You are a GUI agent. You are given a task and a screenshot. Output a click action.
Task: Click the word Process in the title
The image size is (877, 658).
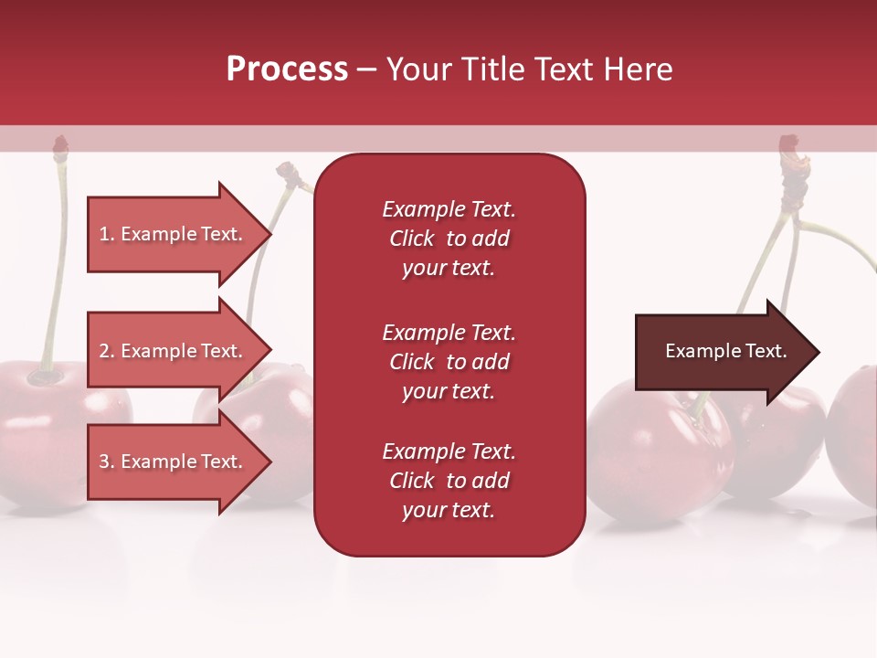(287, 69)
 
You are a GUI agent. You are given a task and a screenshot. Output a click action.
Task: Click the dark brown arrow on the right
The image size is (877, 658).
(722, 352)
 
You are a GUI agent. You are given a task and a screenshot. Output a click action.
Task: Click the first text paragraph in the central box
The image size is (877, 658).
(449, 239)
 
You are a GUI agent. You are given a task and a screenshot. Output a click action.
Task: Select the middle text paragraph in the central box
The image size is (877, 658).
(449, 362)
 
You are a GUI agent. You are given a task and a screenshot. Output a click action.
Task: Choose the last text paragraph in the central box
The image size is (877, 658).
(449, 481)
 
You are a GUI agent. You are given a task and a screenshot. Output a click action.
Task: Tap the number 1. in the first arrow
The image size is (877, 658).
(107, 234)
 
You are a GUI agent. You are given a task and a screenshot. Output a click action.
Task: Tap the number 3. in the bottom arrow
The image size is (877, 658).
(107, 462)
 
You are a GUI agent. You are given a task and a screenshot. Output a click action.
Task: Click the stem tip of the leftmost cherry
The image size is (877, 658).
(60, 144)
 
